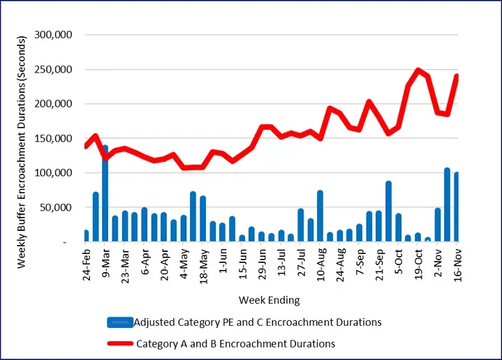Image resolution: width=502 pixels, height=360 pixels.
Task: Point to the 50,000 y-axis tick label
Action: [x=67, y=207]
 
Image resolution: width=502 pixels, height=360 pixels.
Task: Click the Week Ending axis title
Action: [x=269, y=301]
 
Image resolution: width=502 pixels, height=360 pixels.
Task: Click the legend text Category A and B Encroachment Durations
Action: [x=235, y=343]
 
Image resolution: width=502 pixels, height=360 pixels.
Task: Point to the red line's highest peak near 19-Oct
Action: [x=418, y=70]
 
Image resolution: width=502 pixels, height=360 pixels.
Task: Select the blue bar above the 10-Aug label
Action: [x=320, y=216]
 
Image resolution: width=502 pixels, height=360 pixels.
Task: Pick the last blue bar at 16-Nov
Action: [x=457, y=207]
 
